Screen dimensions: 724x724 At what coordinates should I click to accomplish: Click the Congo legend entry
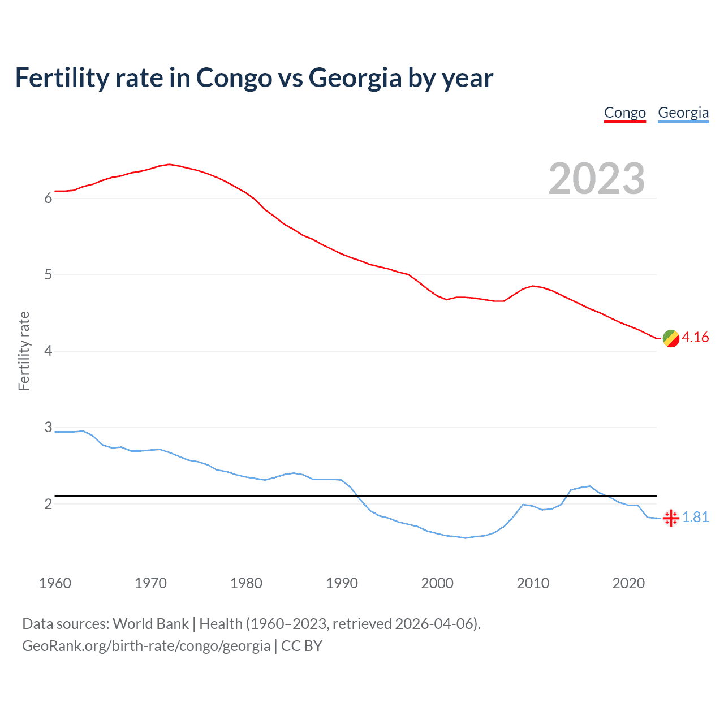[x=624, y=113]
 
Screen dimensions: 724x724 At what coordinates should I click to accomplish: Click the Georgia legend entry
[x=683, y=113]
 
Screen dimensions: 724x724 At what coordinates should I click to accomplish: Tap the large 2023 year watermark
[x=596, y=179]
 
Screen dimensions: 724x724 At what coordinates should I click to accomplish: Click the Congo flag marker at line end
[x=671, y=338]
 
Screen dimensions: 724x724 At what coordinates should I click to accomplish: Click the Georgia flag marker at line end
[x=671, y=518]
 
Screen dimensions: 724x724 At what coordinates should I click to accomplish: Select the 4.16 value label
[x=695, y=338]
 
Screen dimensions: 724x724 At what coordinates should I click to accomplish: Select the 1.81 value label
[x=695, y=518]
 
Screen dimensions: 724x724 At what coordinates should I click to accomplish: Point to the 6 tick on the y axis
[x=48, y=199]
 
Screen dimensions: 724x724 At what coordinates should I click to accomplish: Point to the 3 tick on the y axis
[x=48, y=428]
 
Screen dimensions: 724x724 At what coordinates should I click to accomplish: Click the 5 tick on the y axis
[x=48, y=275]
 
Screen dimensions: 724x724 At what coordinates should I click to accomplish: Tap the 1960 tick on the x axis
[x=55, y=583]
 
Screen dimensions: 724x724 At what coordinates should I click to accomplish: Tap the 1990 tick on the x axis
[x=342, y=583]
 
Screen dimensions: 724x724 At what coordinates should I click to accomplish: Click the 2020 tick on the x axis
[x=628, y=583]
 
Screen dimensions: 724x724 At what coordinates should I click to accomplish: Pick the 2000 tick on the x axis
[x=437, y=583]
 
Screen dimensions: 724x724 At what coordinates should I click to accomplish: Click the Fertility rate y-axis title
[x=24, y=351]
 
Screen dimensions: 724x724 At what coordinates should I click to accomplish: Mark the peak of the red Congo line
[x=169, y=165]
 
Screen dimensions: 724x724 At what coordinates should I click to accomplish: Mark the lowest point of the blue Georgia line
[x=466, y=538]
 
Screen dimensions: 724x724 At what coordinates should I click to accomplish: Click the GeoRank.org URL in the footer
[x=146, y=646]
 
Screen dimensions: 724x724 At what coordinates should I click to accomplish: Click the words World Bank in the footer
[x=150, y=624]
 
